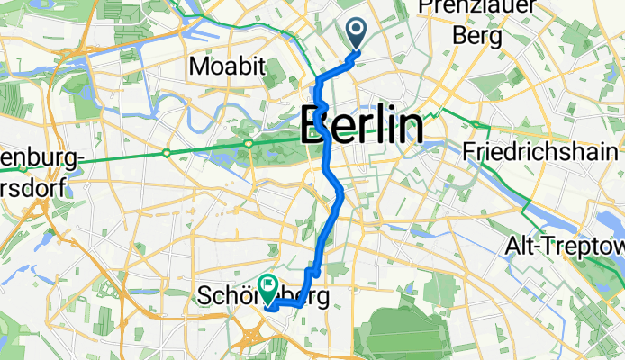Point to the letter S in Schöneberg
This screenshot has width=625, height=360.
[204, 296]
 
